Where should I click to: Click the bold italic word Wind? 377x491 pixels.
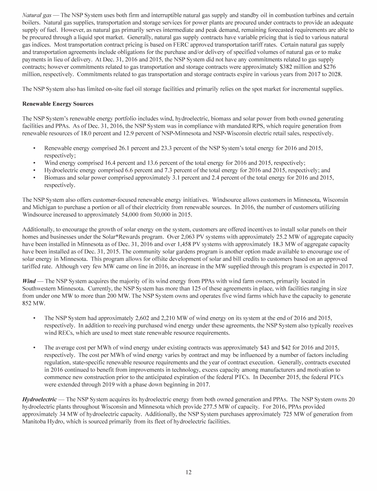coord(30,280)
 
